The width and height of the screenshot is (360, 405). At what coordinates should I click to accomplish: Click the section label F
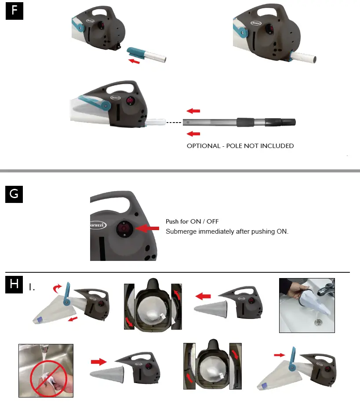(x=15, y=11)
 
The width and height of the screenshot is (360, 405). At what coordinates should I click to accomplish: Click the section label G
(x=15, y=194)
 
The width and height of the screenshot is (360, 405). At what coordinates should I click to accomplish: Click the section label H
(x=15, y=285)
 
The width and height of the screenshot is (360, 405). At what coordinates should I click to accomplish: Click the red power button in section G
(x=124, y=228)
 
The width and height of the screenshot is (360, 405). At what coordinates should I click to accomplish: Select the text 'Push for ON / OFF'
(x=192, y=221)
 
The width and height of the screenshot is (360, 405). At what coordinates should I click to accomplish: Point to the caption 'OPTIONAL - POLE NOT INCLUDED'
(x=240, y=146)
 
